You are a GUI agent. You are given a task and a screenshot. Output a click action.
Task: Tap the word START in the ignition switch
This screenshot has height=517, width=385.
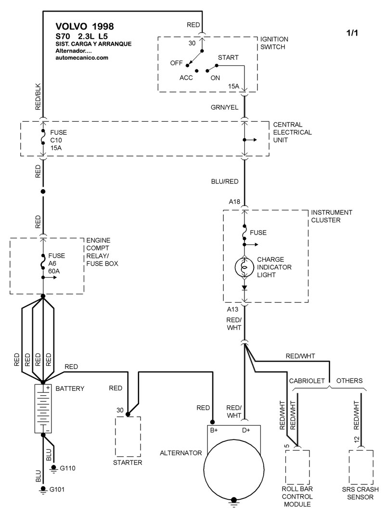pyautogui.click(x=228, y=58)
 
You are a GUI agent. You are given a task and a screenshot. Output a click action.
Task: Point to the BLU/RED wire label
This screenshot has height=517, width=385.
pyautogui.click(x=225, y=182)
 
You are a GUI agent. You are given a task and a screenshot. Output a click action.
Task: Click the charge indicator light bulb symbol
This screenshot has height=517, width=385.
pyautogui.click(x=244, y=267)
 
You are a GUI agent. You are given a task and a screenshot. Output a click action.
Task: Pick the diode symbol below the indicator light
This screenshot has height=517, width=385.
pyautogui.click(x=244, y=287)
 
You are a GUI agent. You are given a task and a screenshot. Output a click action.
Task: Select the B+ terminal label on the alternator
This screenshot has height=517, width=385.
pyautogui.click(x=215, y=430)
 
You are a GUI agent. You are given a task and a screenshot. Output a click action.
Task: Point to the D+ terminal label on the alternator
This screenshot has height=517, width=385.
pyautogui.click(x=245, y=430)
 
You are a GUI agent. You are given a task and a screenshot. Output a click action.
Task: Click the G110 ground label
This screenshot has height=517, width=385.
pyautogui.click(x=68, y=467)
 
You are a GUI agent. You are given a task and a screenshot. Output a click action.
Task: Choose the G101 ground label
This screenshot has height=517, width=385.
pyautogui.click(x=57, y=490)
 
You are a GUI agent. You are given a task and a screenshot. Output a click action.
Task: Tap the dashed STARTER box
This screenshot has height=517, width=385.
pyautogui.click(x=128, y=437)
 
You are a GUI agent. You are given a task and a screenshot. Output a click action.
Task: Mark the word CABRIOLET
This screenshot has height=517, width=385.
pyautogui.click(x=308, y=381)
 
